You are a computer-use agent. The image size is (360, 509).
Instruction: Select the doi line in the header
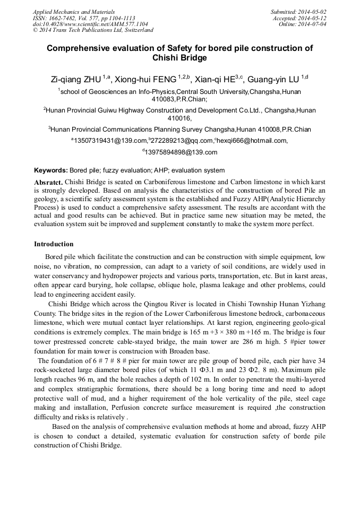click(90, 24)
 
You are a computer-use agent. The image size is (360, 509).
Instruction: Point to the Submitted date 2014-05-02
click(299, 12)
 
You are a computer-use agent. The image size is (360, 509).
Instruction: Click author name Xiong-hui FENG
click(147, 80)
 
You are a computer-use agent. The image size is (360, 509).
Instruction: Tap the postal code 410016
click(179, 118)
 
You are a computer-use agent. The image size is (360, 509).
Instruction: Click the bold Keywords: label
click(50, 170)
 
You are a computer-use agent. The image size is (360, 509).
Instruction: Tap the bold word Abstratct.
click(48, 182)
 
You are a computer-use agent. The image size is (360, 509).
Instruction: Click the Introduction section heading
click(54, 244)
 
